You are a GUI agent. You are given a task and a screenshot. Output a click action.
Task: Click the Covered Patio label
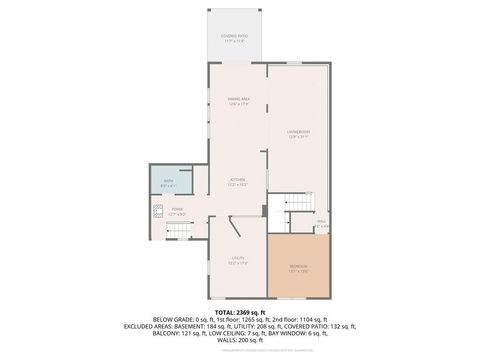236,39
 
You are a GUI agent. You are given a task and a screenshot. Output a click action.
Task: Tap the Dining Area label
238,100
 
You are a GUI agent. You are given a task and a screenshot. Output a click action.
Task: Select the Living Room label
298,132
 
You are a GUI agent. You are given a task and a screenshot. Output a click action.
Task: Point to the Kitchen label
237,183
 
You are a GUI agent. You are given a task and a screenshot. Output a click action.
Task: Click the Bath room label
167,184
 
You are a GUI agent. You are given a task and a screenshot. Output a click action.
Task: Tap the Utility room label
238,262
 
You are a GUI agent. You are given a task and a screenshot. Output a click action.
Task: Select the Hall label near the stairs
322,222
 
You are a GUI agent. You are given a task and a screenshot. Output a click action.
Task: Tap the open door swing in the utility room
235,228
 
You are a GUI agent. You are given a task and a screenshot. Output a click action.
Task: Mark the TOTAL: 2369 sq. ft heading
239,312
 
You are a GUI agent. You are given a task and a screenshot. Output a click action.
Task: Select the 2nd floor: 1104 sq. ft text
298,319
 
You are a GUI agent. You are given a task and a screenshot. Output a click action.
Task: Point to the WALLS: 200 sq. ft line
239,340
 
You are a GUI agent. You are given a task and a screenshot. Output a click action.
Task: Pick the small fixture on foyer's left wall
156,211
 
